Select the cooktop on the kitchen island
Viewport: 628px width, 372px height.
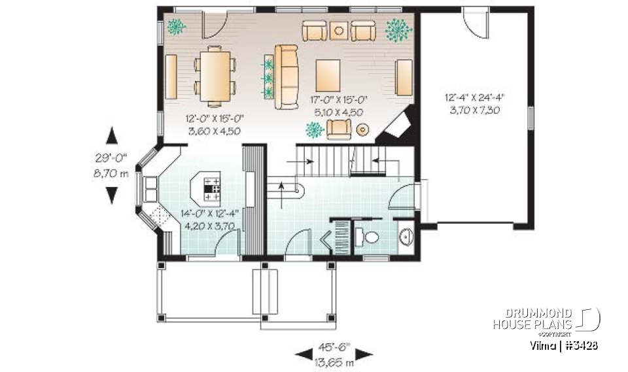tap(213, 188)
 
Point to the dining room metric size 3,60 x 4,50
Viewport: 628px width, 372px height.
tap(215, 131)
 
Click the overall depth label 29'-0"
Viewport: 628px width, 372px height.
tap(113, 157)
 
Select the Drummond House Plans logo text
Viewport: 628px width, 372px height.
tap(532, 319)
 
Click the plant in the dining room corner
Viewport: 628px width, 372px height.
tap(175, 27)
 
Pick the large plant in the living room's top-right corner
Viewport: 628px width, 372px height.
tap(398, 29)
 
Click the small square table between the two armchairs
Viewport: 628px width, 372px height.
tap(338, 29)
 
